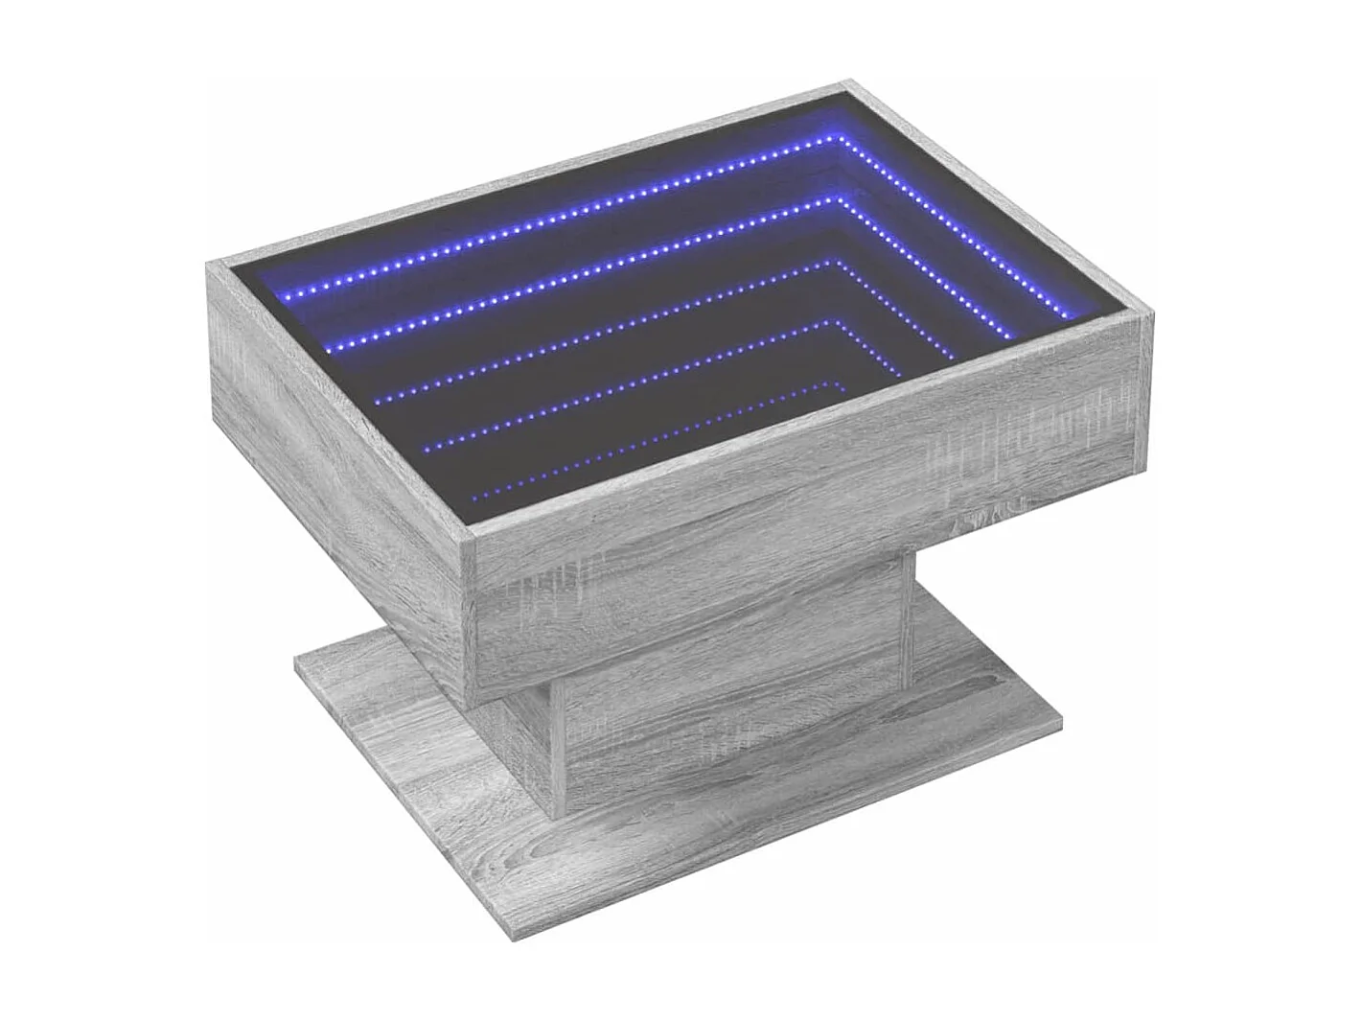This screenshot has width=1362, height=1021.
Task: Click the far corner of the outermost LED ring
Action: click(x=843, y=139)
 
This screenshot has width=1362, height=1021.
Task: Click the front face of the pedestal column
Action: click(x=728, y=709)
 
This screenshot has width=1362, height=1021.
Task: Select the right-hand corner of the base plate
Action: click(x=1062, y=717)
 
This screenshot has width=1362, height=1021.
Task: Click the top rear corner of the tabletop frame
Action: click(x=849, y=83)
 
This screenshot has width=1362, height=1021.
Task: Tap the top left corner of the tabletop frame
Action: click(x=213, y=260)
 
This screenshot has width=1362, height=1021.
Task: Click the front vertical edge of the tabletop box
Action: click(x=477, y=614)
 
